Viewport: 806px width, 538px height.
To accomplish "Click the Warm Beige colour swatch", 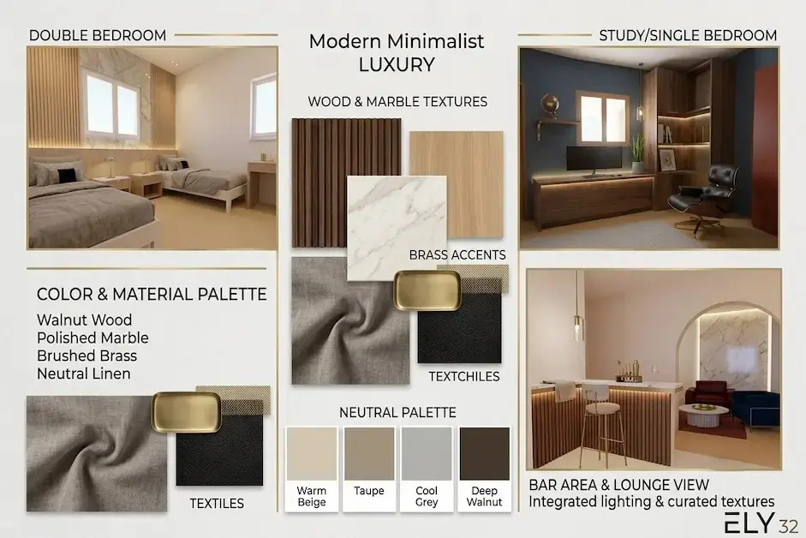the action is click(x=312, y=454).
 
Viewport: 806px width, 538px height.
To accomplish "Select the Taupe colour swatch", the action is click(x=369, y=454).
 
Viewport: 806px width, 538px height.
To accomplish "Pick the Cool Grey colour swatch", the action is click(x=427, y=454).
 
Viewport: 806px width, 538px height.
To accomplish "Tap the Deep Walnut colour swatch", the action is click(x=484, y=454).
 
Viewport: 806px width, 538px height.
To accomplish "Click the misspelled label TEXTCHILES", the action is click(x=464, y=376).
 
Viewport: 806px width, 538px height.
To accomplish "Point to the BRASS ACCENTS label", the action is click(x=457, y=255).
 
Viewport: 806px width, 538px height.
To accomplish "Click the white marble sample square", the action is click(x=397, y=228).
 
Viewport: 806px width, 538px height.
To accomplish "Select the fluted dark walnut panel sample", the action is click(x=346, y=183).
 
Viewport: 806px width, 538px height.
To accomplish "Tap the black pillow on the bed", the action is click(x=67, y=176).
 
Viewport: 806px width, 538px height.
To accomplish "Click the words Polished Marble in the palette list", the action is click(x=93, y=338).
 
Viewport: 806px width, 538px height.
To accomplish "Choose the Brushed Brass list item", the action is click(x=87, y=356).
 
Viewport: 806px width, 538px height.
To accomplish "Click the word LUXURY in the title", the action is click(x=397, y=65).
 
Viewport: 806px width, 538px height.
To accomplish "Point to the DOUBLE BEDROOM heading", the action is click(x=98, y=35).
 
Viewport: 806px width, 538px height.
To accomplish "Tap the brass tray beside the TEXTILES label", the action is click(x=187, y=411).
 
